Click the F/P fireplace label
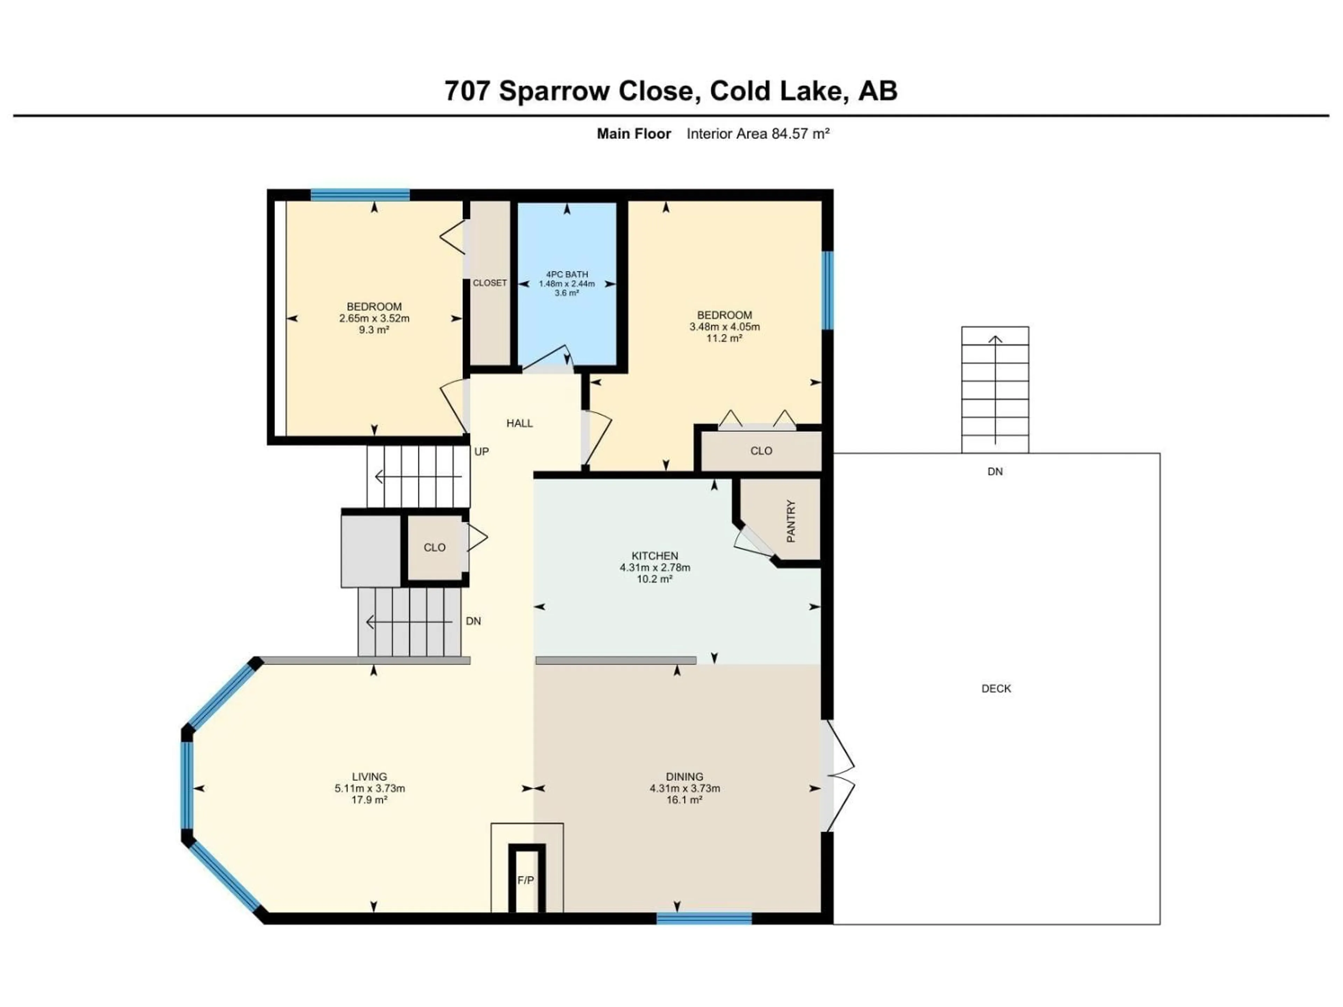(x=525, y=880)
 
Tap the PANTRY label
(x=790, y=521)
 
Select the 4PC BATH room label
(x=567, y=274)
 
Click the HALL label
(x=520, y=423)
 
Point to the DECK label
(x=996, y=688)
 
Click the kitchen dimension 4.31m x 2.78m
(x=654, y=567)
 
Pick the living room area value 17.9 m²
(x=369, y=800)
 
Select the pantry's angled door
(x=753, y=543)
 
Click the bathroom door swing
(x=546, y=359)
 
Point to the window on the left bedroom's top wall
(x=360, y=195)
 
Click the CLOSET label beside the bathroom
(x=489, y=283)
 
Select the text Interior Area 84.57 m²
(x=758, y=134)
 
